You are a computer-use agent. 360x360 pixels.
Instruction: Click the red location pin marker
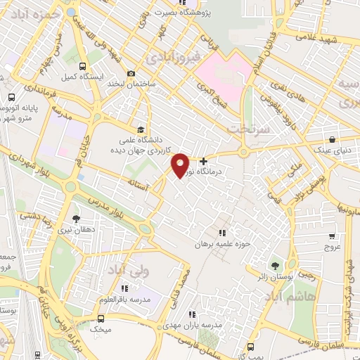click(x=180, y=164)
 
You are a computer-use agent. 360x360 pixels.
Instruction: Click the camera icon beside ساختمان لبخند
click(x=131, y=74)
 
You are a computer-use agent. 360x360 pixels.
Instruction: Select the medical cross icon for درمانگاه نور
click(x=204, y=161)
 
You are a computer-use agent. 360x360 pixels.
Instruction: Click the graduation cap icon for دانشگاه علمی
click(x=141, y=130)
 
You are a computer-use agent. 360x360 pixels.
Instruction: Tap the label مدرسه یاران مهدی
click(x=197, y=326)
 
